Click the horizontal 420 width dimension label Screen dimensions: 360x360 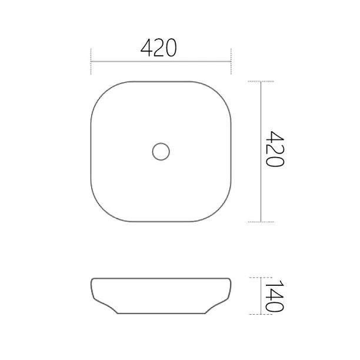[x=159, y=48]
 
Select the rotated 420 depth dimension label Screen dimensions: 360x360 [x=275, y=149]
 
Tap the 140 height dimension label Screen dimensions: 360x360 [x=275, y=296]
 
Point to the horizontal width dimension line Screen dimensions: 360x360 [x=161, y=62]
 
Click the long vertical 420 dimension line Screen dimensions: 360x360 [x=261, y=152]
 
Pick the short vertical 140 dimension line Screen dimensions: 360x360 [x=261, y=296]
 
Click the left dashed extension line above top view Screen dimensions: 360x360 [x=91, y=61]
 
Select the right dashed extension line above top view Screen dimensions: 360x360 [x=231, y=61]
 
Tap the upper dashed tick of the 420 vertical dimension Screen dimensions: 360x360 [x=261, y=81]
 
